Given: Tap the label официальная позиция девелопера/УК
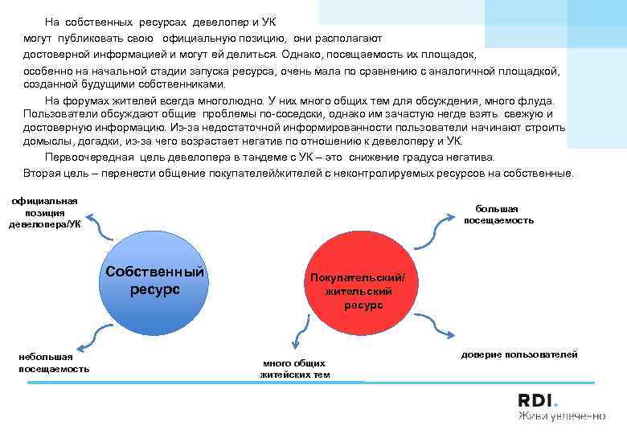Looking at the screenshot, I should pos(45,212).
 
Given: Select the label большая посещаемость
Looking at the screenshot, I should pos(498,215).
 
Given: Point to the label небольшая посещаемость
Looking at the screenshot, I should pos(54,362).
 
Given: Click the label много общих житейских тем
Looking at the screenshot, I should pos(295,369).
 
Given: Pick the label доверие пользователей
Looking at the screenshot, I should pos(519,354).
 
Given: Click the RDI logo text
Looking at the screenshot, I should pos(536,400).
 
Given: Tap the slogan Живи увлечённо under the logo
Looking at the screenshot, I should pos(560,416).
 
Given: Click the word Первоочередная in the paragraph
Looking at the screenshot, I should pos(84,157).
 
